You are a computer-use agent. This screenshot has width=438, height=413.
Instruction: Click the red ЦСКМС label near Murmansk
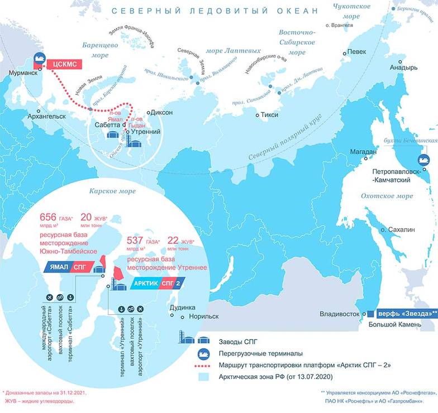[64, 64]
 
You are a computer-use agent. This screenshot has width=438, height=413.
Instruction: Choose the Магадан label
[363, 152]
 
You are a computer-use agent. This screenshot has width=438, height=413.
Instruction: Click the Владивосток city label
[338, 314]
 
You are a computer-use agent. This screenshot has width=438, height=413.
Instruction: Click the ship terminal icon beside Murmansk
[40, 59]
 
